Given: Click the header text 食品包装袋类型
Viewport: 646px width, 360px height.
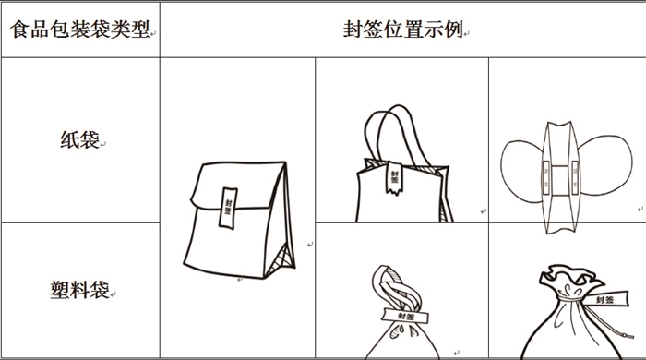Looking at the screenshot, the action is [x=79, y=30].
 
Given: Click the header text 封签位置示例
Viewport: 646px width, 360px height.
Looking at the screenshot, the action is [x=403, y=30].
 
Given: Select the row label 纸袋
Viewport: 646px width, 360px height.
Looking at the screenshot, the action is [x=80, y=140].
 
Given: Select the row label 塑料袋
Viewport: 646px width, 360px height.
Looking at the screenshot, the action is [x=80, y=289].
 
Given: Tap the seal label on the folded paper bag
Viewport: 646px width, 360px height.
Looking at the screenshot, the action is [x=228, y=208].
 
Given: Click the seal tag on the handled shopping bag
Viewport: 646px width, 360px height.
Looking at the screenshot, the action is [x=394, y=177].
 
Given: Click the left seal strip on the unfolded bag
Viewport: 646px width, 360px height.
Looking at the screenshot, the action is [x=546, y=177].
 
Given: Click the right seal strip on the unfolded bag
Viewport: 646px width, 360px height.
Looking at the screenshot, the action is [x=575, y=177].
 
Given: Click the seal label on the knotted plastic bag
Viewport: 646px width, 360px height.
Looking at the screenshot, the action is [x=405, y=316].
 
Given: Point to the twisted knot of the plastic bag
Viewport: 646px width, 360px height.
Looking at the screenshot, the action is [x=396, y=288].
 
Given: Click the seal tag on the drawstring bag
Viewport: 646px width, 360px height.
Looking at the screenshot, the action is [x=605, y=299].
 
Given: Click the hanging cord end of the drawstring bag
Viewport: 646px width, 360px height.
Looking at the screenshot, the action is [x=628, y=336].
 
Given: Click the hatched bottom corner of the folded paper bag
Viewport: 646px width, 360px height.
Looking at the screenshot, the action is [x=281, y=260].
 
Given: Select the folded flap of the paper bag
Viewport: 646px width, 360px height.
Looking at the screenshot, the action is [x=238, y=185].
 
